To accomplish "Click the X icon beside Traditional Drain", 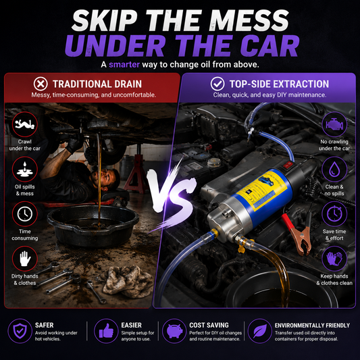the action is point(41,84).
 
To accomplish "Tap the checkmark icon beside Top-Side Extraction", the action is point(217,84).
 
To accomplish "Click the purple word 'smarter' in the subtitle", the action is point(124,65).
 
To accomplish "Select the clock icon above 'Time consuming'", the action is point(25,214).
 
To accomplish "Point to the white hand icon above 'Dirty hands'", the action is point(25,259).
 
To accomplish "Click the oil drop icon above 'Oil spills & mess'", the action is point(25,170).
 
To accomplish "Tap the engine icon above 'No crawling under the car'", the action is point(334,124).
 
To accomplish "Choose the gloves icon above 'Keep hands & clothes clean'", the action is point(334,259).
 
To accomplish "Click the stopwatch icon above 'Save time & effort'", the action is point(334,214).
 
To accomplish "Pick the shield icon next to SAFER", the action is point(20,331).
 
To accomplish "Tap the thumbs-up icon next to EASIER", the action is point(106,331).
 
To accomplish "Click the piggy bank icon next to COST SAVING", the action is point(174,331).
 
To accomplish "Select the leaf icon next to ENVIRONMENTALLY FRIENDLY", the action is point(260,331).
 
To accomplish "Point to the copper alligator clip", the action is point(301,240).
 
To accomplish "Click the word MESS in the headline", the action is point(251,20).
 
